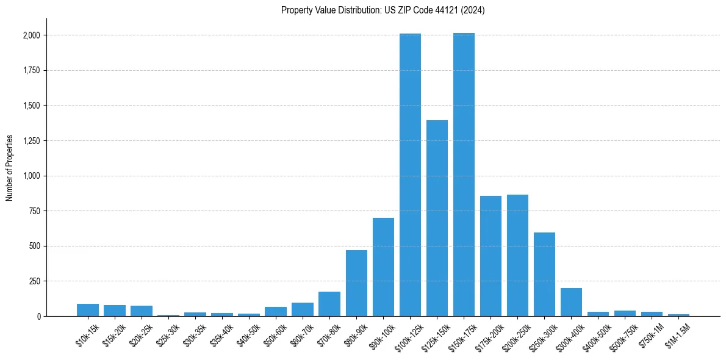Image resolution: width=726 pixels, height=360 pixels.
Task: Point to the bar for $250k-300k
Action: tap(544, 275)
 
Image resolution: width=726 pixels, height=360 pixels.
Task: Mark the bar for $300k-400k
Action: tap(571, 302)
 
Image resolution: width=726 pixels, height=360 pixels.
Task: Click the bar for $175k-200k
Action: tap(491, 256)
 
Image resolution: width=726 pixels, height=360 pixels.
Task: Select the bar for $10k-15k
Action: tap(88, 310)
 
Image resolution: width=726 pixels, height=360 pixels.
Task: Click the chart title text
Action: tap(383, 10)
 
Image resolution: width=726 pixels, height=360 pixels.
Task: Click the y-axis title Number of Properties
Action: tap(10, 168)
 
